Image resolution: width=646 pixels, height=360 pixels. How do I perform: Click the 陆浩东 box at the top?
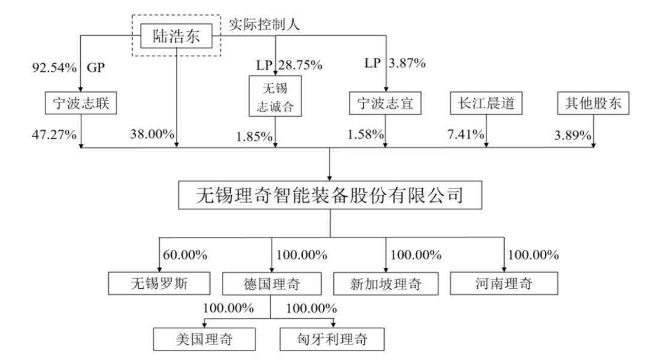pos(176,36)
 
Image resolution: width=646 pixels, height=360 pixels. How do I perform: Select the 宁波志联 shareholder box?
pos(81,103)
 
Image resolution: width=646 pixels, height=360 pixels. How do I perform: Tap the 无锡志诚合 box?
pos(275,96)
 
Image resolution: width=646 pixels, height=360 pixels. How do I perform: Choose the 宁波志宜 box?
pos(385,103)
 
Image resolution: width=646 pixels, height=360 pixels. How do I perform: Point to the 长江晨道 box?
pos(486,103)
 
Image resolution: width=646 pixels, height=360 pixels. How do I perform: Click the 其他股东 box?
pos(593,103)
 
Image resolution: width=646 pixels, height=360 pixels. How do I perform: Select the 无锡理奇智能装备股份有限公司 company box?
pos(330,195)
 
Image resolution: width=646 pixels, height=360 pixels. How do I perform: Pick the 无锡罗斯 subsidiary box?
pos(159,283)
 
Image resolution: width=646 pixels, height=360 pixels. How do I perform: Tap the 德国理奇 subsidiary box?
pos(272,283)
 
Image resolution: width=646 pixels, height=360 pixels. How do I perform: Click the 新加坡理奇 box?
pos(386,283)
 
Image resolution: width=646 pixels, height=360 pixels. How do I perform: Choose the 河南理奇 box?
pos(504,283)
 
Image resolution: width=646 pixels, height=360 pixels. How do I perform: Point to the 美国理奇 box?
pos(205,339)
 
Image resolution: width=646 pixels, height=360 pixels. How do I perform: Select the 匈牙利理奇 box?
pos(332,339)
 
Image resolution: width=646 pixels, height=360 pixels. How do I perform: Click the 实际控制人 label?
pos(264,25)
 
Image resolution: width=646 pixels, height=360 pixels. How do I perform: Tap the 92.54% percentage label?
pos(54,68)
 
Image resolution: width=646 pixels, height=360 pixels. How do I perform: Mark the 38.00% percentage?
pos(152,134)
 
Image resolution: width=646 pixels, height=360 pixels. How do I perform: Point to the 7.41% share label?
pos(466,134)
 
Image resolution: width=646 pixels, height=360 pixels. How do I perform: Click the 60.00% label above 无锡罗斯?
pos(185,255)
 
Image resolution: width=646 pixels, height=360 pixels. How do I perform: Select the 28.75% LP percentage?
pos(300,65)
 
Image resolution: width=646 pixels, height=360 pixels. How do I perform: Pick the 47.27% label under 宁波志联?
pos(54,135)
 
